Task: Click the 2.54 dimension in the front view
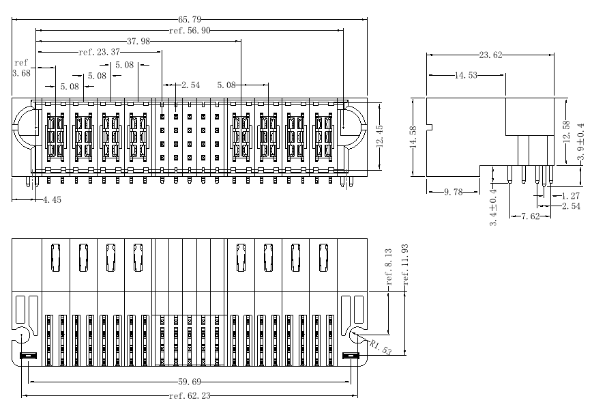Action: [190, 85]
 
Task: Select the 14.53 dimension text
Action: [466, 74]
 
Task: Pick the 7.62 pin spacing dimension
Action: [531, 216]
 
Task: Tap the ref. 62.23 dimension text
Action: [190, 395]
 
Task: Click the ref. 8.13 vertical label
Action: [389, 267]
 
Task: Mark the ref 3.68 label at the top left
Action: [20, 68]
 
